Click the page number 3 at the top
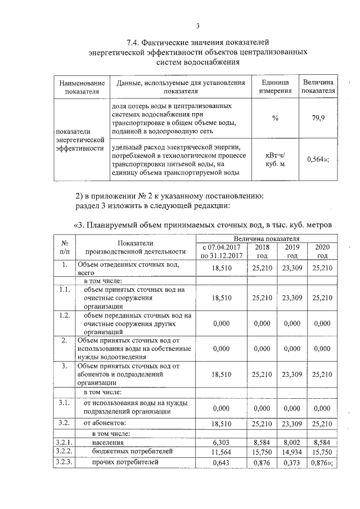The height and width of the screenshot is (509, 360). pyautogui.click(x=197, y=25)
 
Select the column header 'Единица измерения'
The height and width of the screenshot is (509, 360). pyautogui.click(x=275, y=87)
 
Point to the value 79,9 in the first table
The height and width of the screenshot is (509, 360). pyautogui.click(x=318, y=118)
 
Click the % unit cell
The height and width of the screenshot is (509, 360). pyautogui.click(x=275, y=118)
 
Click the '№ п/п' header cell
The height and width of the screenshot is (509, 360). pyautogui.click(x=65, y=247)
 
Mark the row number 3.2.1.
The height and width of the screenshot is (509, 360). pyautogui.click(x=65, y=443)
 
